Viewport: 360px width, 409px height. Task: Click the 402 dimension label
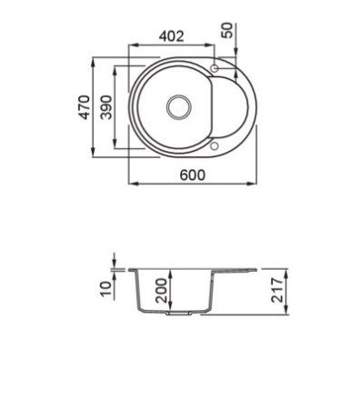[172, 36]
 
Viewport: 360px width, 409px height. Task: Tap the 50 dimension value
[227, 30]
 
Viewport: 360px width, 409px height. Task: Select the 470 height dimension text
[85, 107]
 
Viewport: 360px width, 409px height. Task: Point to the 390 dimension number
[106, 107]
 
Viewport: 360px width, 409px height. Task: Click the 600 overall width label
[193, 175]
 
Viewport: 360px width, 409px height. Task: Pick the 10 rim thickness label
[105, 289]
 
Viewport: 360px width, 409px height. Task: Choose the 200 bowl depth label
[161, 291]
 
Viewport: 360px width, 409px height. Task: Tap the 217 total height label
[277, 290]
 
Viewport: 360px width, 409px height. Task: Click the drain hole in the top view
[179, 107]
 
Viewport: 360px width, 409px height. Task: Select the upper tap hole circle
[215, 68]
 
